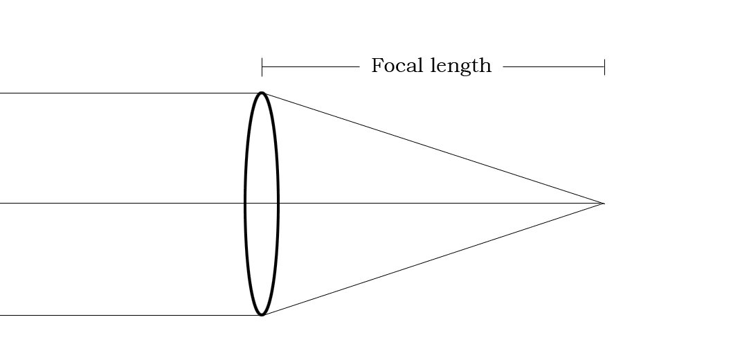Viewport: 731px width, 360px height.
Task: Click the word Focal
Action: (398, 66)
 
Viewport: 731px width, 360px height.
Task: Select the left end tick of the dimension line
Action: (262, 67)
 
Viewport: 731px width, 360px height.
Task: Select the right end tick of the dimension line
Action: (604, 67)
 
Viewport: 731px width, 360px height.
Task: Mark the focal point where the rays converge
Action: (604, 204)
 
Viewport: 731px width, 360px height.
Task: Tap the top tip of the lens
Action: (262, 93)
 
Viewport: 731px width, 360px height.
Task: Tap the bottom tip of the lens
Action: (262, 315)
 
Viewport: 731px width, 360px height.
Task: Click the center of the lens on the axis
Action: (262, 204)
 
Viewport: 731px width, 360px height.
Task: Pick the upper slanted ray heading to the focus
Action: (433, 148)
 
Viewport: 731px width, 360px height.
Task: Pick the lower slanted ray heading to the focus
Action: (433, 260)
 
